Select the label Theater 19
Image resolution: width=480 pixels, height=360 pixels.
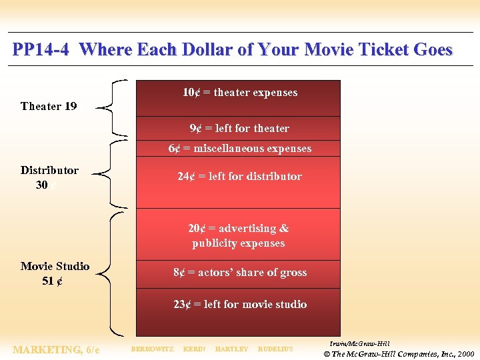click(x=49, y=106)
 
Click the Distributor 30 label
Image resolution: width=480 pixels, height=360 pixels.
click(x=49, y=177)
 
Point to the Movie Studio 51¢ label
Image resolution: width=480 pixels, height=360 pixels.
click(x=55, y=273)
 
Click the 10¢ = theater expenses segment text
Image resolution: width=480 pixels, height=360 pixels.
click(x=240, y=93)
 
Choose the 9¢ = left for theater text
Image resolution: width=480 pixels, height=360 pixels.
click(x=239, y=128)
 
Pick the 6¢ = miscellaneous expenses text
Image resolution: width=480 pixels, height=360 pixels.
click(x=239, y=148)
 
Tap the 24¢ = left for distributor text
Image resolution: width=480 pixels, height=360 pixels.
click(x=239, y=176)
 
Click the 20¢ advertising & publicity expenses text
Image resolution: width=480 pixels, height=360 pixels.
click(x=239, y=235)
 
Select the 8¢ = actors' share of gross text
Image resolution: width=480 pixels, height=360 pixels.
click(x=240, y=272)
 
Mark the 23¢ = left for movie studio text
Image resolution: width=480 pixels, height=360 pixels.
click(x=240, y=304)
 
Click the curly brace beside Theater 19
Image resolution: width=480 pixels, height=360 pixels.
click(x=111, y=107)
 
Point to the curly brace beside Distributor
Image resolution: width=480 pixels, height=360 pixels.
click(x=109, y=173)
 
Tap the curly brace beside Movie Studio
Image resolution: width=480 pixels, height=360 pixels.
click(x=108, y=272)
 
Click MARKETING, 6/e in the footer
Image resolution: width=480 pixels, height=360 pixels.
click(x=56, y=349)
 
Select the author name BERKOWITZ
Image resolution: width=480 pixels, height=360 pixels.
click(x=152, y=349)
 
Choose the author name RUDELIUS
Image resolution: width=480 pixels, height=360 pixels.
click(x=275, y=349)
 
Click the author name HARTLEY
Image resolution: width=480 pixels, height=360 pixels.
click(x=231, y=349)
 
